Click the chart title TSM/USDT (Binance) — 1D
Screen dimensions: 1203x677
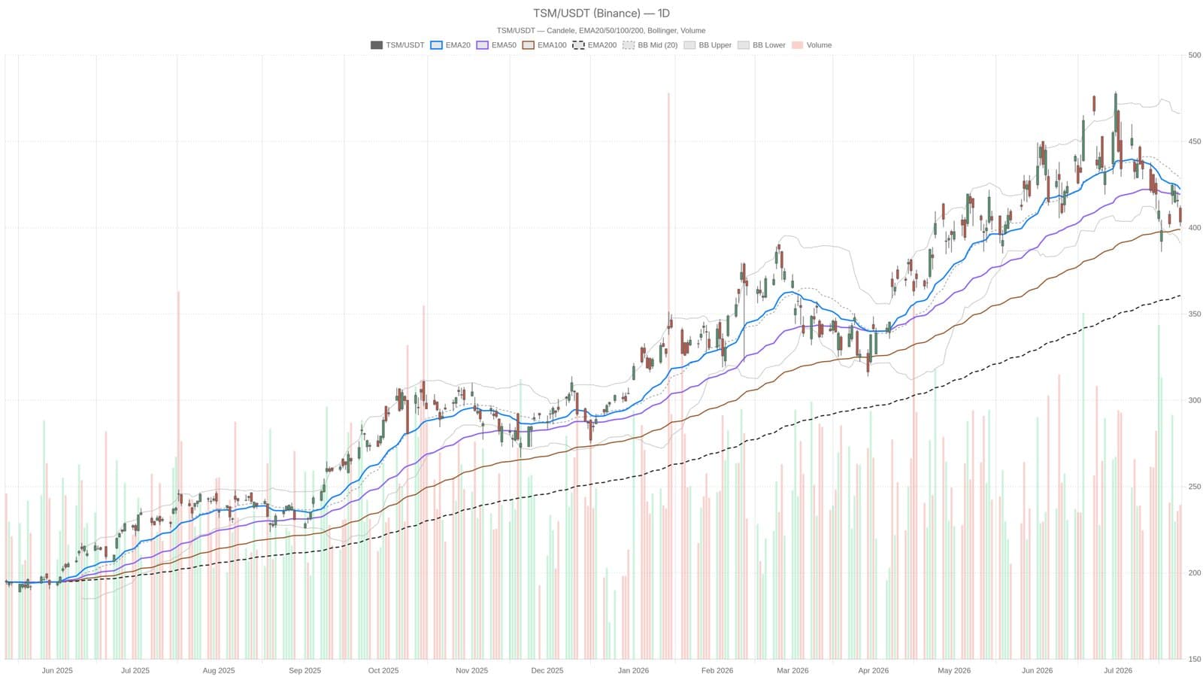pos(601,13)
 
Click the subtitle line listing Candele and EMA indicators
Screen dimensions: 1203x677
pos(601,31)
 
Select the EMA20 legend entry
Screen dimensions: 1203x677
pos(450,45)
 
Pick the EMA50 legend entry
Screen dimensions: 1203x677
pos(496,45)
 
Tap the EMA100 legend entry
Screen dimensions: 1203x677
pos(544,45)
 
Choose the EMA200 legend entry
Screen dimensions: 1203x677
pos(595,45)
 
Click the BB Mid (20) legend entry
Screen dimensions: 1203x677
pos(650,45)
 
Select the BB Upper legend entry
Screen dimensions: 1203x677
pos(708,45)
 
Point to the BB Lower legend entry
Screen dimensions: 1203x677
pos(762,45)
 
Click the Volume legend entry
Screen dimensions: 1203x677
pos(811,45)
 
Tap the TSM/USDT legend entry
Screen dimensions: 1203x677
pos(398,45)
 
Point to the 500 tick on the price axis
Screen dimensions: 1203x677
pos(1195,56)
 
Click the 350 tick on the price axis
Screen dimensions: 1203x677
pos(1195,314)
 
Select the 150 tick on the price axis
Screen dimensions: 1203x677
pos(1195,659)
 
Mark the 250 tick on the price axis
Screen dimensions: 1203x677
pos(1195,486)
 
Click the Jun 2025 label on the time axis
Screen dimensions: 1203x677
pos(57,670)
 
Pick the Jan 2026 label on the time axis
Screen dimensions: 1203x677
pos(633,670)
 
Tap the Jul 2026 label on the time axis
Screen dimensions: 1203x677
pos(1117,670)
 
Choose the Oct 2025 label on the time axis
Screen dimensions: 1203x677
pos(383,670)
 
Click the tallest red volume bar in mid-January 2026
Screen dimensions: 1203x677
pos(668,376)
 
